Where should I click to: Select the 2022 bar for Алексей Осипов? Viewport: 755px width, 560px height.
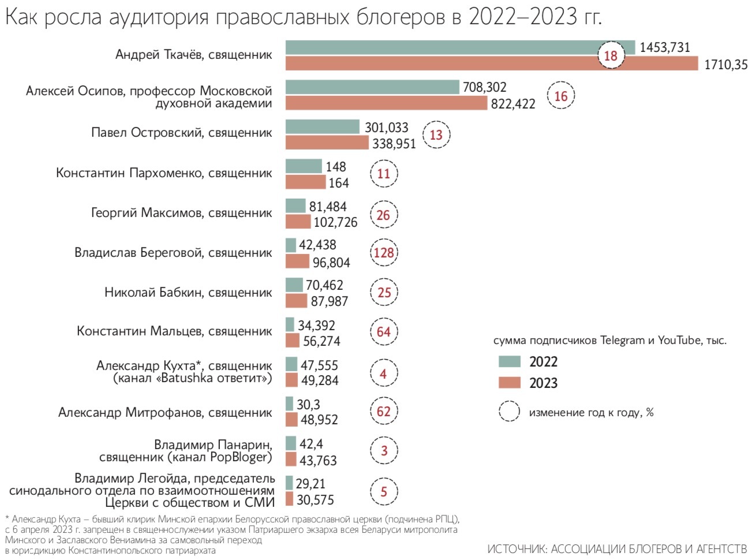click(x=372, y=87)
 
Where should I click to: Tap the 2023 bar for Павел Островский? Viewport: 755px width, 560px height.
click(x=327, y=143)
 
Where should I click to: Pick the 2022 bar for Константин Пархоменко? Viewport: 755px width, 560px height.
click(x=304, y=166)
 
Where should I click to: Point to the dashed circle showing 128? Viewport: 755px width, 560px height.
click(x=384, y=253)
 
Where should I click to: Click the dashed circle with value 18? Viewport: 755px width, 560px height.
click(x=611, y=55)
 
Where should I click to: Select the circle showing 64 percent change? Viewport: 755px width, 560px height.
click(x=384, y=332)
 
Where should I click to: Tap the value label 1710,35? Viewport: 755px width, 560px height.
click(x=726, y=65)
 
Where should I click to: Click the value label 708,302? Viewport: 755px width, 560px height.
click(x=484, y=87)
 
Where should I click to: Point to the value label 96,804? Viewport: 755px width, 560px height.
click(x=331, y=263)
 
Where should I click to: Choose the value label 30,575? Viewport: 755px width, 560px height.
click(x=315, y=500)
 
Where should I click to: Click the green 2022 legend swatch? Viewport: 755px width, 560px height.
click(x=510, y=362)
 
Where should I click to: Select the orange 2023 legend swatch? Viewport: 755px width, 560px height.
click(x=510, y=383)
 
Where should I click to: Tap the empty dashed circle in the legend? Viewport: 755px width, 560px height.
click(x=509, y=412)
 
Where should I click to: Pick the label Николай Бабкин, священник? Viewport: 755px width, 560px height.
click(x=188, y=293)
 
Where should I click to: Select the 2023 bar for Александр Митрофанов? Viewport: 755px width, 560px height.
click(x=291, y=420)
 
